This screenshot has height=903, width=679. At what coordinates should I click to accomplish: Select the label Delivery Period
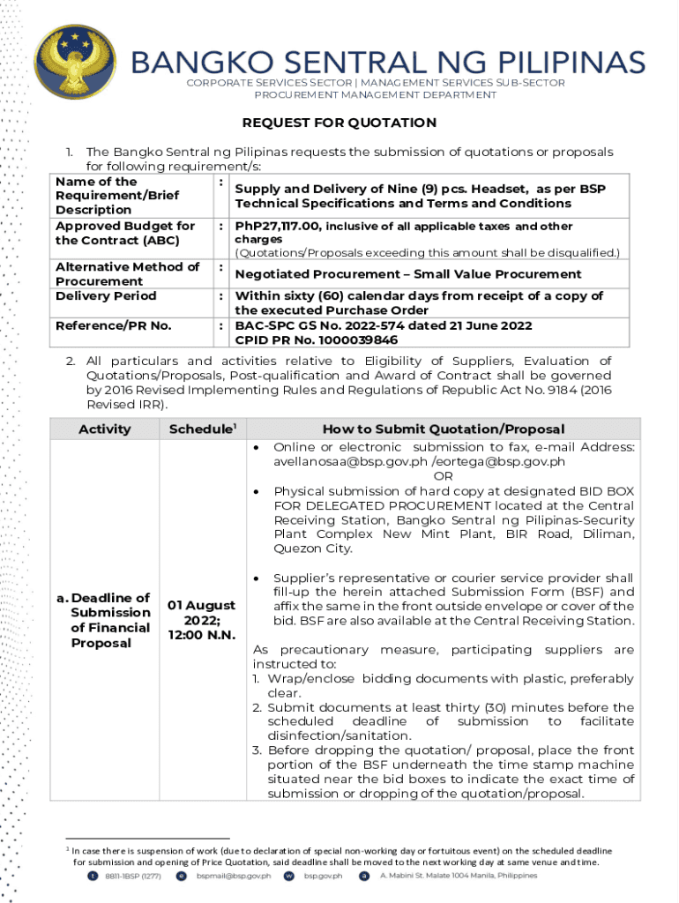106,295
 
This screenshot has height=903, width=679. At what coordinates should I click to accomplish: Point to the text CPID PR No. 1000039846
316,340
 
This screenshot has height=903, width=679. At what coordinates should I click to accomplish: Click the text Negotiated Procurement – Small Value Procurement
407,274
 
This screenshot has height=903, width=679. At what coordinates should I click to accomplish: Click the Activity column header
104,429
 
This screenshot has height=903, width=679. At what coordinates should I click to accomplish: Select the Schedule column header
202,429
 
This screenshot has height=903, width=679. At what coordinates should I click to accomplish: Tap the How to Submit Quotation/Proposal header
443,429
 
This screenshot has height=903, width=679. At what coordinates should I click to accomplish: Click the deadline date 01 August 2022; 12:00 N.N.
202,620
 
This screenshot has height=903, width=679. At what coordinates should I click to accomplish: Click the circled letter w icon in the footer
288,876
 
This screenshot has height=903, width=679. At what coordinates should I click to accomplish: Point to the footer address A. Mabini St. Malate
458,876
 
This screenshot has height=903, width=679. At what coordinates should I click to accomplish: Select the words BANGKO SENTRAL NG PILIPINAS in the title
388,63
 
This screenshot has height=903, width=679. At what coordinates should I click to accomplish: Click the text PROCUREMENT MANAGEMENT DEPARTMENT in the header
376,94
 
